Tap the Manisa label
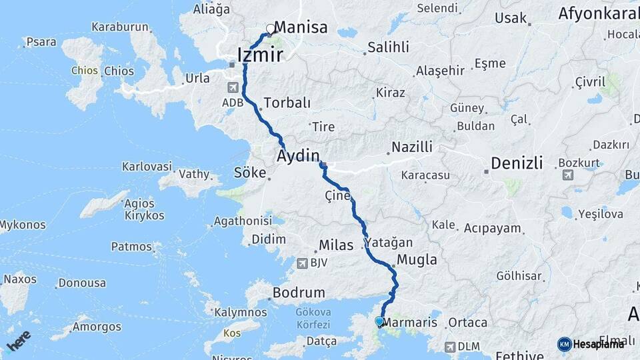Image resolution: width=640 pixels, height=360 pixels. click(301, 27)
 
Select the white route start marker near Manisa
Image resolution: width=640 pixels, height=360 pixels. click(271, 29)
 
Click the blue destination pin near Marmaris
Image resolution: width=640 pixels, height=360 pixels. click(379, 321)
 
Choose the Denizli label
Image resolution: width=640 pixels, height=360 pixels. click(517, 163)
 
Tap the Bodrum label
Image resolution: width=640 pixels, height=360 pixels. click(299, 293)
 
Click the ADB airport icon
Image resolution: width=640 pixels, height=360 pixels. click(233, 87)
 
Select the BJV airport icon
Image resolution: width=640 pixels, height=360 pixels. click(302, 263)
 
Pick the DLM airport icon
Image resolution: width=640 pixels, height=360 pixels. click(450, 347)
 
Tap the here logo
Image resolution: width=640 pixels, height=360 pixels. click(19, 340)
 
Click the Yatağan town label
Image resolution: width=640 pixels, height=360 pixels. click(388, 243)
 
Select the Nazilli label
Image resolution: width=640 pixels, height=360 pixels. click(412, 147)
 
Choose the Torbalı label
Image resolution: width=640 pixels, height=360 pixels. click(287, 103)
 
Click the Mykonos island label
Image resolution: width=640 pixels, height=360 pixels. click(23, 225)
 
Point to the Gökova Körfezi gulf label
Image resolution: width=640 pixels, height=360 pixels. click(313, 319)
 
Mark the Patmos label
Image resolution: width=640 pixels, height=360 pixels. click(131, 247)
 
